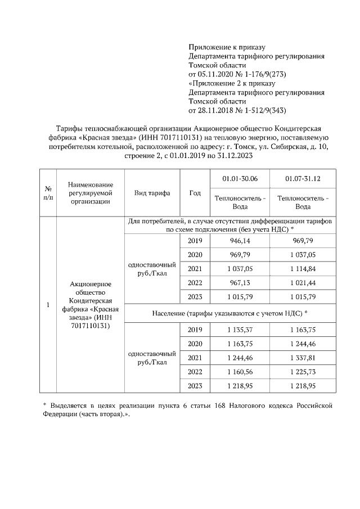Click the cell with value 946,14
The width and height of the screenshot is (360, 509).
240,241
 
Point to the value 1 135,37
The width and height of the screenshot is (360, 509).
240,330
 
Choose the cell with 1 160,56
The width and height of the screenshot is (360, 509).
240,372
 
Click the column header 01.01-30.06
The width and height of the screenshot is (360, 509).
240,179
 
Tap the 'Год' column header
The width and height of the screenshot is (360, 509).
195,193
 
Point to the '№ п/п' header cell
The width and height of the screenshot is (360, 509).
48,193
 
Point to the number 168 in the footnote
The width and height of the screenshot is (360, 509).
214,405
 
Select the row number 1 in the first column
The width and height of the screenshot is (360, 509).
48,305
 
